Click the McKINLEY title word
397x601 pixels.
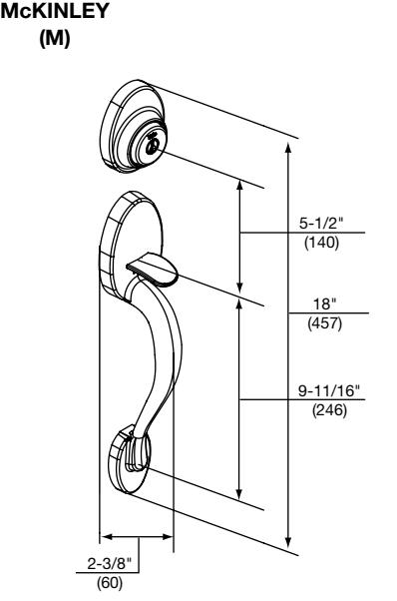[55, 11]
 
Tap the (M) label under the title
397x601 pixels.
[55, 39]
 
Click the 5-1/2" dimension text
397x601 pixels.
[321, 223]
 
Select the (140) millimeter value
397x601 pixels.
[321, 243]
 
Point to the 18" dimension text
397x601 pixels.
[324, 304]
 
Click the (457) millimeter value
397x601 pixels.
[324, 323]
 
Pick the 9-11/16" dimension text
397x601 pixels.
[329, 391]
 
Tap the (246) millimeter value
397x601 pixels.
[329, 410]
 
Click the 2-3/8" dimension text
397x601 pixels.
[109, 564]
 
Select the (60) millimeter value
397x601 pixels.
[110, 583]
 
